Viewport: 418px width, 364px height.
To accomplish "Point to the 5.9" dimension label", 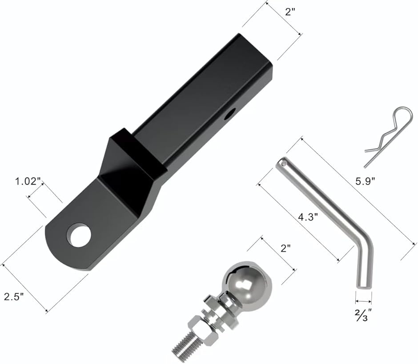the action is pyautogui.click(x=365, y=182).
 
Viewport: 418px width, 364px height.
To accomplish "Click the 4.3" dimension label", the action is pyautogui.click(x=308, y=218).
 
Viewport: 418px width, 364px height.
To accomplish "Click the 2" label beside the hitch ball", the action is pyautogui.click(x=285, y=248).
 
